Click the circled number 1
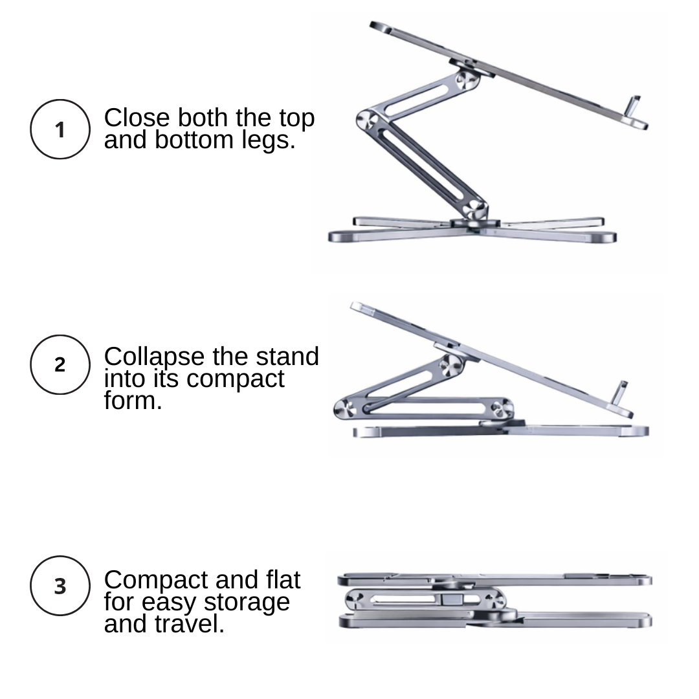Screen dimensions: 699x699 60,129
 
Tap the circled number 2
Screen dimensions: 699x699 60,365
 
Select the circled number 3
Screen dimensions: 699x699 60,586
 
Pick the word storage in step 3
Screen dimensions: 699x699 247,603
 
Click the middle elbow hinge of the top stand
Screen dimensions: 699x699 367,120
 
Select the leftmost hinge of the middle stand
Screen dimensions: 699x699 344,408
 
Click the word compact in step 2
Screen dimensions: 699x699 236,379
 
